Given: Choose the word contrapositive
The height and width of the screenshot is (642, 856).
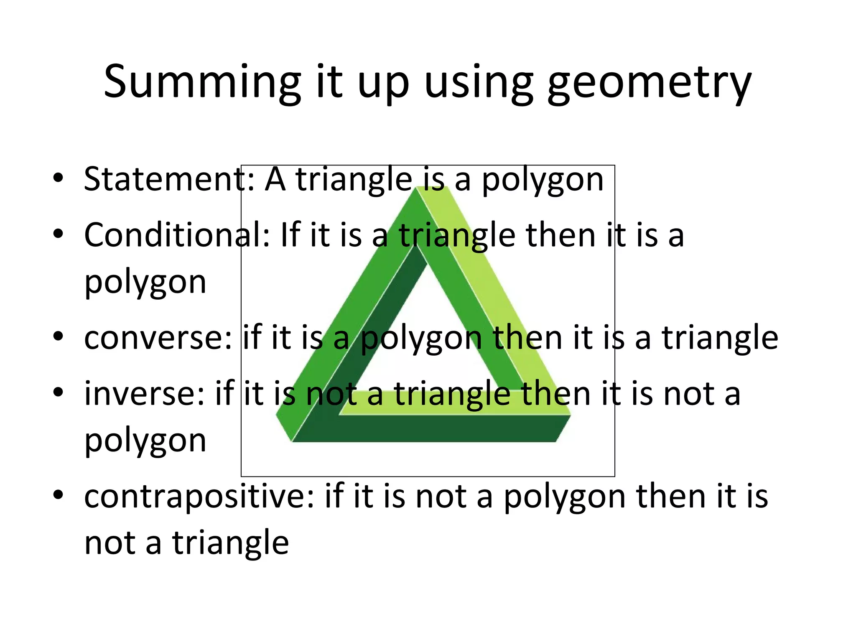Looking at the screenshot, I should tap(199, 497).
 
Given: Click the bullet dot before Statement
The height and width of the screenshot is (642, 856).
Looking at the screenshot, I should tap(58, 178).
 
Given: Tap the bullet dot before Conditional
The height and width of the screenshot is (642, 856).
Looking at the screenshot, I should tap(58, 234).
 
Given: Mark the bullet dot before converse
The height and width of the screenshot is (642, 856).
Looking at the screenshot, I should tap(58, 336).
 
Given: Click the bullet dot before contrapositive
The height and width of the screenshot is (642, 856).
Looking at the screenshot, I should tap(58, 495).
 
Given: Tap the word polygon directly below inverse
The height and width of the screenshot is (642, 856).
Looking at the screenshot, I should tap(145, 442).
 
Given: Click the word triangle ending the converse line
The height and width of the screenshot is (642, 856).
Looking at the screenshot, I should tap(720, 338).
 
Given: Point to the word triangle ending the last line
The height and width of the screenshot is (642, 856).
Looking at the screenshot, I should tap(230, 543).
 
